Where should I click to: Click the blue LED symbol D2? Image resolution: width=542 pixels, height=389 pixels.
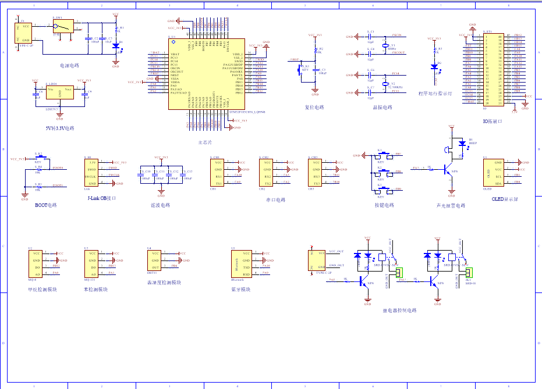(434, 66)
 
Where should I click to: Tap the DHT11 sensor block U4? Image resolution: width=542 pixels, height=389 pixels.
(155, 263)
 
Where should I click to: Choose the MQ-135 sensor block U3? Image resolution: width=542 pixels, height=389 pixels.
(91, 263)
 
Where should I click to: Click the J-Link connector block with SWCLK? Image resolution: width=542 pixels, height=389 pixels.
(91, 173)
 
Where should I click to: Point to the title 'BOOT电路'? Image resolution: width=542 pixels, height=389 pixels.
(46, 205)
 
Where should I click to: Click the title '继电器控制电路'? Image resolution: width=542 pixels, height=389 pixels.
(399, 311)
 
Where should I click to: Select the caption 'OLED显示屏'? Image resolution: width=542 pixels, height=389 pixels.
(505, 199)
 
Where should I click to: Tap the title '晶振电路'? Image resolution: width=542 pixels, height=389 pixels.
(381, 108)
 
